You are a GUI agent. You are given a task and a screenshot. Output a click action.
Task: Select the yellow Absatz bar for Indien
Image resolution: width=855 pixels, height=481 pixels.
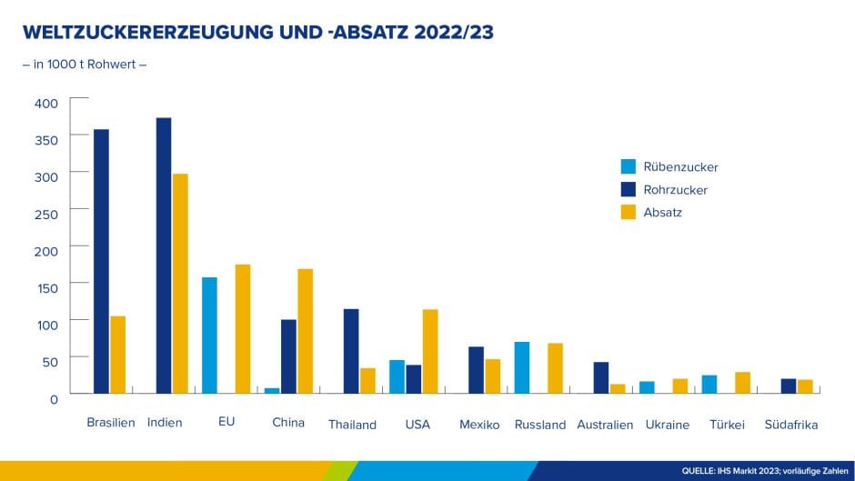[180, 283]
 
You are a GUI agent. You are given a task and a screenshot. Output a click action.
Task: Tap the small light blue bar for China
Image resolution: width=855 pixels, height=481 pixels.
[272, 390]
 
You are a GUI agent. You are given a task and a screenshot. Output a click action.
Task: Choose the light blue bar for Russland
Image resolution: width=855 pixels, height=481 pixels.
[522, 367]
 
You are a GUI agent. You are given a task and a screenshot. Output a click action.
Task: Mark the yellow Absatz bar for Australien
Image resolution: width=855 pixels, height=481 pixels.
[618, 388]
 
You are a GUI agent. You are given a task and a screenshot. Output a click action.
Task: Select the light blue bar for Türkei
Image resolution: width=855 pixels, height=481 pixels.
[709, 384]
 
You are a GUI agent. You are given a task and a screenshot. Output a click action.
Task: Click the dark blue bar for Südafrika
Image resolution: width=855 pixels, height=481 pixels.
[789, 386]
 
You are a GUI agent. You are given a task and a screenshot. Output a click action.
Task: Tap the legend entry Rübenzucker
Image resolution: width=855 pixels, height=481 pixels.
[680, 167]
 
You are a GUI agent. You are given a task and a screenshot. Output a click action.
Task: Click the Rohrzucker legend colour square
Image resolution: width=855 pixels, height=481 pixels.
[629, 190]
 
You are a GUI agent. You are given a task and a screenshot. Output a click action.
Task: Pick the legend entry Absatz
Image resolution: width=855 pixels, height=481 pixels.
[662, 213]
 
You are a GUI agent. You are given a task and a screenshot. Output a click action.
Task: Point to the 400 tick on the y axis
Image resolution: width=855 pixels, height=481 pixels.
[46, 103]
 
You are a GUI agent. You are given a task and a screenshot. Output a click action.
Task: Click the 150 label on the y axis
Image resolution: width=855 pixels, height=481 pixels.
[46, 287]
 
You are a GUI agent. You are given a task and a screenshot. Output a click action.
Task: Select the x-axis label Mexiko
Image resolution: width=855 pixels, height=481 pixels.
[479, 424]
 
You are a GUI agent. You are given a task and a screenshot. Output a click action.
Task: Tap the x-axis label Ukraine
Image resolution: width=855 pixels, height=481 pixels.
[667, 424]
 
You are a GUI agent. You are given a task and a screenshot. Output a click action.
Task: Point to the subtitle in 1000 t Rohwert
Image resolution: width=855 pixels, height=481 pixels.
[84, 65]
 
